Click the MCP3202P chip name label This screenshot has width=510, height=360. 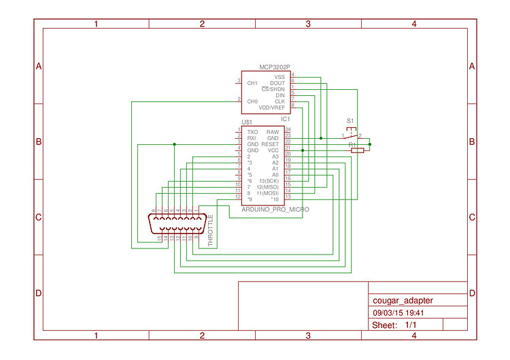pos(275,67)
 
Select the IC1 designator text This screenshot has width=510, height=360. pos(286,119)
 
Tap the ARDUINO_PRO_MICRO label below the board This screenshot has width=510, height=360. pos(275,210)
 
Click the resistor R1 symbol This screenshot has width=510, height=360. pos(357,150)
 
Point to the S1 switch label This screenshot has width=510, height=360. pos(350,121)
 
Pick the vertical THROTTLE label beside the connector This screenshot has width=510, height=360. pos(210,229)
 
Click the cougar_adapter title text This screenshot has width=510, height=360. pos(403,300)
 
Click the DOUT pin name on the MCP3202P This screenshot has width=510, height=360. pos(277,83)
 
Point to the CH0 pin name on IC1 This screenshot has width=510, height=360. pos(252,101)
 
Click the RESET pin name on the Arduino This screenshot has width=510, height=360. pos(270,144)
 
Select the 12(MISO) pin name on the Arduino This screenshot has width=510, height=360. pos(268,186)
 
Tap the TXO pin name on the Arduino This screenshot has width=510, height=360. pos(252,131)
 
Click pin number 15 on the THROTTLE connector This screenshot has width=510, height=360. pos(160,238)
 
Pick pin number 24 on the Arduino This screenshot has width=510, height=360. pos(288,129)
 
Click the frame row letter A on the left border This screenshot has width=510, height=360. pos(39,66)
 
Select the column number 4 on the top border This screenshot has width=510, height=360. pos(414,24)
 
